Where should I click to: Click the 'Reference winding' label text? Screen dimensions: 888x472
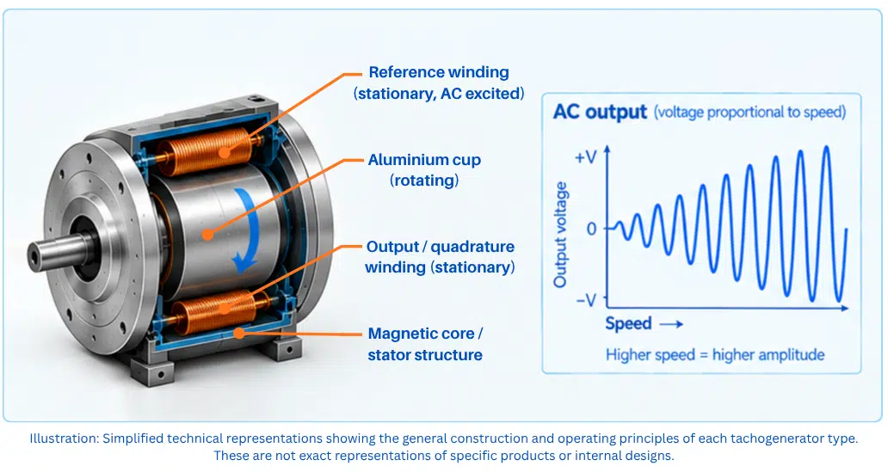click(x=439, y=72)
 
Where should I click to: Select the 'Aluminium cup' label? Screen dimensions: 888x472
click(x=424, y=160)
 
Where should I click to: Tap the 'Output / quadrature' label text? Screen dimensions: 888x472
click(x=440, y=247)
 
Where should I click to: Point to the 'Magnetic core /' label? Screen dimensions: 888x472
click(x=425, y=334)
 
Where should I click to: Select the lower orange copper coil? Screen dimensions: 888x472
click(x=217, y=311)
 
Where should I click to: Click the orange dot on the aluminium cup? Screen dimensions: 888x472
click(x=208, y=235)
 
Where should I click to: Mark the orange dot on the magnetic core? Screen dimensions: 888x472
click(x=239, y=333)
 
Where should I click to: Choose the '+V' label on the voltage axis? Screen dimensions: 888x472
click(x=586, y=157)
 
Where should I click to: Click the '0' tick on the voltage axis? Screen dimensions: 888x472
click(x=592, y=230)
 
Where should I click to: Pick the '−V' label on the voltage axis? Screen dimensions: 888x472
click(x=587, y=299)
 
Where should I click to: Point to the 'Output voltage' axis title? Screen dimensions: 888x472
click(x=560, y=235)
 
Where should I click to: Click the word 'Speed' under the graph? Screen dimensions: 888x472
click(x=628, y=324)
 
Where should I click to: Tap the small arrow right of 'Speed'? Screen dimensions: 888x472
click(x=672, y=324)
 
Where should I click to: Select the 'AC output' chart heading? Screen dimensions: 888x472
click(x=600, y=112)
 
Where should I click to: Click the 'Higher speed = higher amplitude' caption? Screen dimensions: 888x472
click(x=715, y=355)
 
